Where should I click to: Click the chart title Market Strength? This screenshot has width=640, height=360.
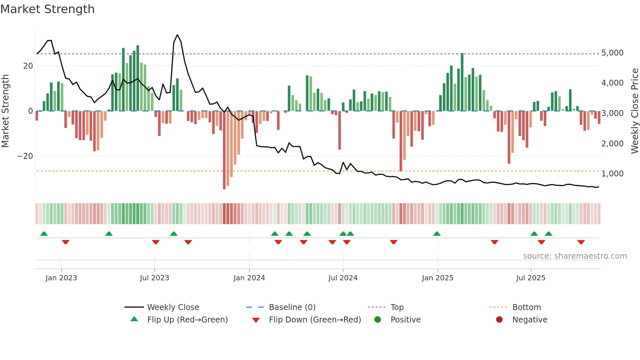pos(47,9)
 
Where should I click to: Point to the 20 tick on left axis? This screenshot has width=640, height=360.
pos(28,66)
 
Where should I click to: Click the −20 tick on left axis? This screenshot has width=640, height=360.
pos(25,156)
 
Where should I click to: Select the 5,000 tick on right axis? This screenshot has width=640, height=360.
pos(612,53)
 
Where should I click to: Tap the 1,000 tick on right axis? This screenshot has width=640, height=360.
pos(612,174)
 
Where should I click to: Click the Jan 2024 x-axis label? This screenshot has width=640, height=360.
pos(249,278)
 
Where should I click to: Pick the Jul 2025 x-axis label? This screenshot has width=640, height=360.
pos(531,278)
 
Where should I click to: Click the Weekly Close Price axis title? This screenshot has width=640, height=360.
pos(634,111)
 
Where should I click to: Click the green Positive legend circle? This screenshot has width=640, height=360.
pos(378,320)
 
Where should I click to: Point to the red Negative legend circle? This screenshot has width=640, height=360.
pos(499,320)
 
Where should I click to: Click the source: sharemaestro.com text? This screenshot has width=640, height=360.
pos(575,256)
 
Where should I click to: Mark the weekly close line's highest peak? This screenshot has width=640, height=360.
pos(177,35)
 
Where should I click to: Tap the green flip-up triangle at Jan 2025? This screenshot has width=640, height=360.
pos(437,234)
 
